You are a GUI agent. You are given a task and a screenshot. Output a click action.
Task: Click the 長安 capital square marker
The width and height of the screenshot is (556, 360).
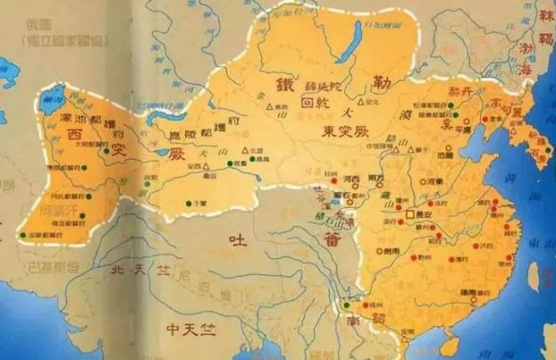click(x=410, y=214)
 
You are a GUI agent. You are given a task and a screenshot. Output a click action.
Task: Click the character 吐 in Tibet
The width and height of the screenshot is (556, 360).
click(x=236, y=239)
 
